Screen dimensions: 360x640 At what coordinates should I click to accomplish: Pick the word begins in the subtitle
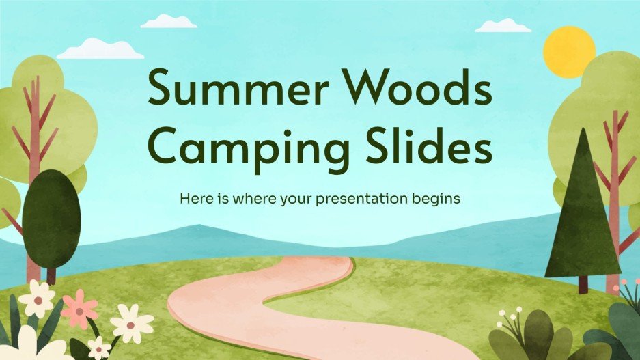pyautogui.click(x=434, y=200)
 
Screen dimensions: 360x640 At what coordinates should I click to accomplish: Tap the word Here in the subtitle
pyautogui.click(x=195, y=199)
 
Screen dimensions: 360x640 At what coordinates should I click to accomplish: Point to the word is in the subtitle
pyautogui.click(x=222, y=199)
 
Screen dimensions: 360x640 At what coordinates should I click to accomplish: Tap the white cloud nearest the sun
pyautogui.click(x=503, y=26)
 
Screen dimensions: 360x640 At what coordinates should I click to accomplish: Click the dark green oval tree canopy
pyautogui.click(x=51, y=218)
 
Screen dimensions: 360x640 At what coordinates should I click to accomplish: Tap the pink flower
pyautogui.click(x=80, y=308)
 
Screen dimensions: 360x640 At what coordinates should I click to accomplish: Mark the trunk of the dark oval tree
pyautogui.click(x=51, y=275)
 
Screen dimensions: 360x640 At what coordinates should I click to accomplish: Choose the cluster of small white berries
pyautogui.click(x=510, y=315)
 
